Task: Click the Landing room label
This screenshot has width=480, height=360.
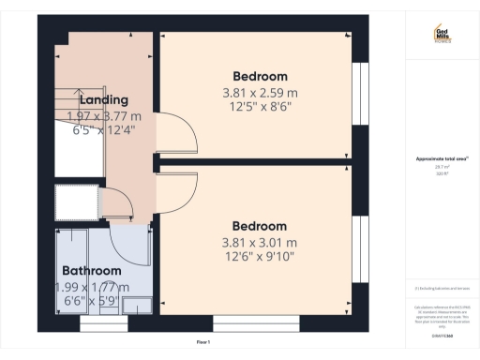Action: click(104, 100)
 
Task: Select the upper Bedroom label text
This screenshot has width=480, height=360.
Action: click(260, 76)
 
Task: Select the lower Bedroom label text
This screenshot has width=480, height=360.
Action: click(260, 227)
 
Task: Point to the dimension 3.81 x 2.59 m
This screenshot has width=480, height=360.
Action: click(260, 93)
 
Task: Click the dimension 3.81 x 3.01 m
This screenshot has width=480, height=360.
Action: click(260, 244)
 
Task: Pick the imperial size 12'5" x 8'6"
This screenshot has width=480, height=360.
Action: click(260, 109)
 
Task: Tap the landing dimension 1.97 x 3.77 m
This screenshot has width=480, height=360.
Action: click(104, 116)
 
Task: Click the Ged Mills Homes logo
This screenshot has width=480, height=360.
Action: click(442, 35)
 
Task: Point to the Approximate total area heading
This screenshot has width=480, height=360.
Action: click(442, 158)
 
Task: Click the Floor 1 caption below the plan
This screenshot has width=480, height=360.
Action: click(202, 342)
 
